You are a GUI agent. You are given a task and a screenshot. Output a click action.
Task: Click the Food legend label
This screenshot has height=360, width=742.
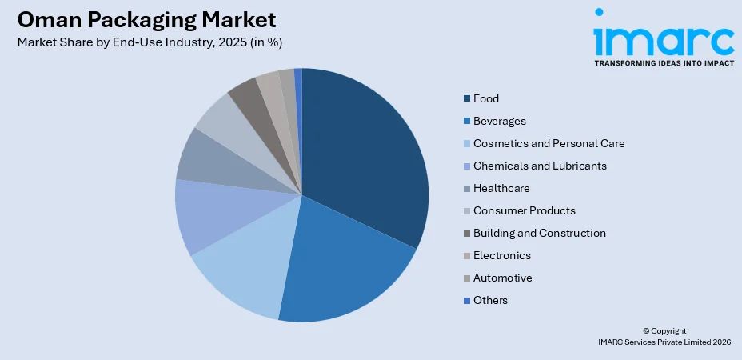[485, 98]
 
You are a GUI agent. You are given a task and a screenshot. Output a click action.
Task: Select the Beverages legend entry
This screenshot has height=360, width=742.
[499, 121]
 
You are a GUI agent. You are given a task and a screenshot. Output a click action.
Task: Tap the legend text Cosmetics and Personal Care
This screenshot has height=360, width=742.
[549, 143]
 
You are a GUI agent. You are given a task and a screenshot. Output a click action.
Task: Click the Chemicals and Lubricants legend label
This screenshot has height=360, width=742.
[540, 166]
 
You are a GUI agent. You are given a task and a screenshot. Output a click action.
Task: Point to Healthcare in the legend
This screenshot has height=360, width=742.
[501, 188]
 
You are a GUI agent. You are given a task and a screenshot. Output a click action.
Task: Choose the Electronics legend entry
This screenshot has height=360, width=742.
[501, 255]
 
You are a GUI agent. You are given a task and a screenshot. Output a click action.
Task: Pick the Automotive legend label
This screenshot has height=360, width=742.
[502, 278]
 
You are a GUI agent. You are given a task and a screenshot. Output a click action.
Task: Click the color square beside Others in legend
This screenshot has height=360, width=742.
[466, 301]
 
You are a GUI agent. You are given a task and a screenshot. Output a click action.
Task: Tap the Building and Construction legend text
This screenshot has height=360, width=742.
[539, 233]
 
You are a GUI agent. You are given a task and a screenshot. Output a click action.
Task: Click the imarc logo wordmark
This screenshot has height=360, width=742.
[663, 37]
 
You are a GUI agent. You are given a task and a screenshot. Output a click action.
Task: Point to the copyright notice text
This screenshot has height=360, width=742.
[664, 336]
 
